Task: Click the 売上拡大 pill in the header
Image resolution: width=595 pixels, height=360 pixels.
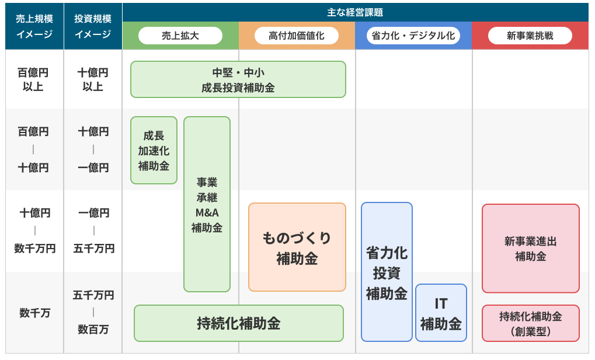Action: point(180,36)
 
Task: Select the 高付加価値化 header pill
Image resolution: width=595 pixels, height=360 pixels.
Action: point(297,36)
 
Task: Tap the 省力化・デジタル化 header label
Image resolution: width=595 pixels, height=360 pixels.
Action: point(413,36)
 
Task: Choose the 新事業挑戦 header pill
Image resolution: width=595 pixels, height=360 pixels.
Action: point(530,36)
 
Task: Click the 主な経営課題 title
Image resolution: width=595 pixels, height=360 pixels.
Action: point(355,12)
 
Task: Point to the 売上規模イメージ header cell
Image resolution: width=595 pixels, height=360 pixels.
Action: point(34,26)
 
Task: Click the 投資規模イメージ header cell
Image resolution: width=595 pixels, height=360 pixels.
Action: point(93,26)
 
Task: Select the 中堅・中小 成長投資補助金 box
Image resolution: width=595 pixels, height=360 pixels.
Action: point(238,79)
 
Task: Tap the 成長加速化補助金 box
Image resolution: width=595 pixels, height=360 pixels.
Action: point(154,150)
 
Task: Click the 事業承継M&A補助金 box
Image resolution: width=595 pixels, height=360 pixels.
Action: point(207,204)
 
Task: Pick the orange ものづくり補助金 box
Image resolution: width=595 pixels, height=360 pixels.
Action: point(297,247)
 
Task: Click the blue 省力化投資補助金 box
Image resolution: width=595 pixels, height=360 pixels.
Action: point(387,272)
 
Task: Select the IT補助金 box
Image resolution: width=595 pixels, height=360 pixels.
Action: point(441,313)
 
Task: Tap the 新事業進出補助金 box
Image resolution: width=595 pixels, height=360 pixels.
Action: point(531,249)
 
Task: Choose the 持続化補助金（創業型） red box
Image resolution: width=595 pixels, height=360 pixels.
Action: point(531,323)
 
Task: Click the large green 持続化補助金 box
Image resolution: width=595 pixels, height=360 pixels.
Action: point(239,323)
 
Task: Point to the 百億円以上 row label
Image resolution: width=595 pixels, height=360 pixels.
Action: point(33,79)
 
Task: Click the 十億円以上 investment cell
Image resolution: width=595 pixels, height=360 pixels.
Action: point(93,79)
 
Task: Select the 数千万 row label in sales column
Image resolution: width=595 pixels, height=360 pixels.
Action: point(34,313)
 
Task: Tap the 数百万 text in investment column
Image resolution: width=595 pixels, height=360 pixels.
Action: point(93,329)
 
